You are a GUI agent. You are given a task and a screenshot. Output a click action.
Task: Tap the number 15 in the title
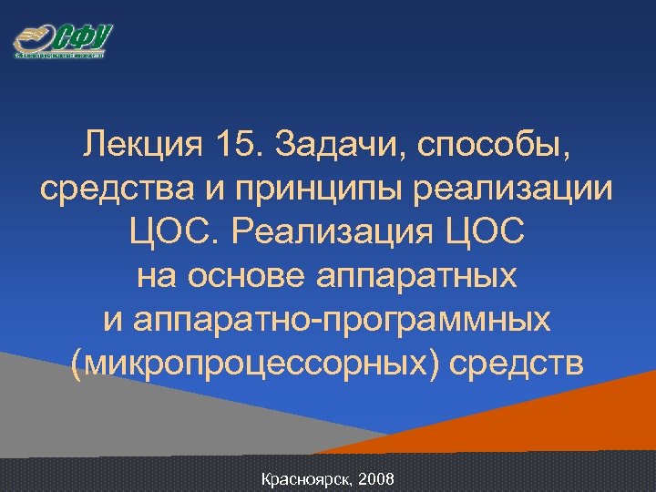point(238,144)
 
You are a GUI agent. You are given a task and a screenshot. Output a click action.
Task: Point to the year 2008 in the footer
point(376,478)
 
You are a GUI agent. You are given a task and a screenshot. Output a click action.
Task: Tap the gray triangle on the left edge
point(55,410)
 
